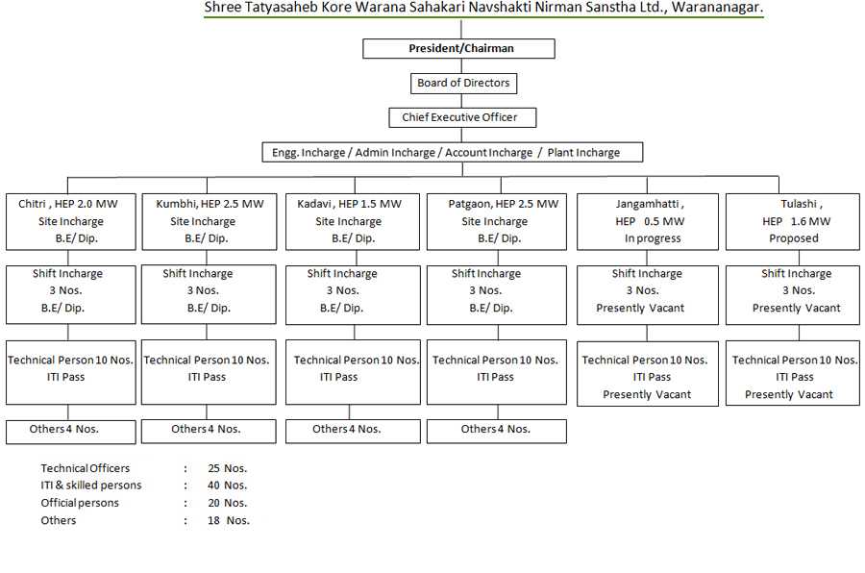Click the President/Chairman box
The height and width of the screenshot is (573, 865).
(459, 49)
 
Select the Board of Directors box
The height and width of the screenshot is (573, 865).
(464, 84)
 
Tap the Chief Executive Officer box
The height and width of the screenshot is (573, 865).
(462, 117)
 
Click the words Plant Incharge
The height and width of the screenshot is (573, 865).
(583, 152)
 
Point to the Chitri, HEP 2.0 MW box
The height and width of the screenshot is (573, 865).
(70, 221)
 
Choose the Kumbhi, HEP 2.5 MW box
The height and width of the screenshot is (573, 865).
(210, 221)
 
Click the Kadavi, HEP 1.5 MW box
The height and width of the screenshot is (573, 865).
(353, 221)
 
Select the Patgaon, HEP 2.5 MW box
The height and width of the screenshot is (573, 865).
(497, 221)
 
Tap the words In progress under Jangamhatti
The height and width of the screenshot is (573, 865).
(653, 238)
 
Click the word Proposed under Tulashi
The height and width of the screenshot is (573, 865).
(794, 238)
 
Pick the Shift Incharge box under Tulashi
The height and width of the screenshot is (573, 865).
(793, 295)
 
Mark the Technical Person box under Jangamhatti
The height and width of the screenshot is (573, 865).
(648, 374)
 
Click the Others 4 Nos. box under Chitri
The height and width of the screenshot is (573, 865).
(70, 432)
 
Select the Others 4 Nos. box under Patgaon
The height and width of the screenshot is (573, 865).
(497, 431)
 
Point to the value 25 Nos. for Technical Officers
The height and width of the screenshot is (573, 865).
(227, 468)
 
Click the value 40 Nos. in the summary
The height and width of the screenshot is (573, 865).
(227, 486)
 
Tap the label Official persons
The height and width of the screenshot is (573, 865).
(80, 503)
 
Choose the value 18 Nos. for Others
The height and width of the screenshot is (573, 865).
(229, 520)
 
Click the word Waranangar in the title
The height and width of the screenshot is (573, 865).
(717, 8)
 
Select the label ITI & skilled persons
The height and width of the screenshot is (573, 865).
(91, 486)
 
